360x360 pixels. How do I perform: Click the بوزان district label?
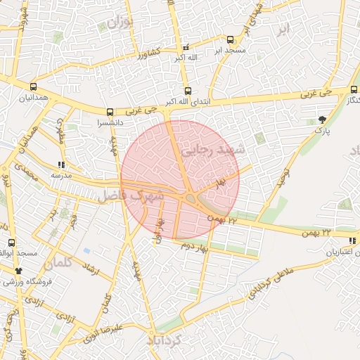[120, 22]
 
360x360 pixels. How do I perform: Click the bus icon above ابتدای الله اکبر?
[187, 91]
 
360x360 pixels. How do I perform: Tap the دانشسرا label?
[110, 122]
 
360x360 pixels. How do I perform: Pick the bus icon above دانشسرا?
[110, 112]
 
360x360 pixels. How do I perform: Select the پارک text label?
[321, 130]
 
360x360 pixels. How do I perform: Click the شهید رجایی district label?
[212, 150]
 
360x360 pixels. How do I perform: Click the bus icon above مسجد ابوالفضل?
[11, 243]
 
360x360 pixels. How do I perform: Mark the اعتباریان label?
[340, 252]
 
